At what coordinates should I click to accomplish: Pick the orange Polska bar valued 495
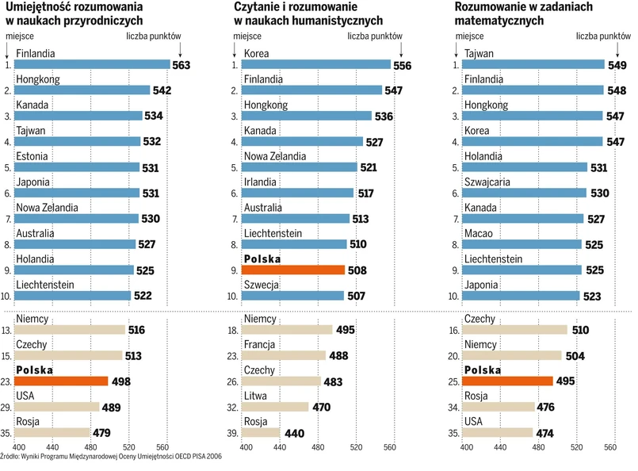coord(507,381)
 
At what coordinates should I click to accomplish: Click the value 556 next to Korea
coord(402,66)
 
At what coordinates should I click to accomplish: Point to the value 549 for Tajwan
coord(617,65)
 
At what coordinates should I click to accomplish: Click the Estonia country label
coord(32,156)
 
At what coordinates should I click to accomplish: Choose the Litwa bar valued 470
coord(277,407)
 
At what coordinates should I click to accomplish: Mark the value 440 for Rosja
coord(294,433)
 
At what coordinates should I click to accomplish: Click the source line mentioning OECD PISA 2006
coord(110,457)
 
